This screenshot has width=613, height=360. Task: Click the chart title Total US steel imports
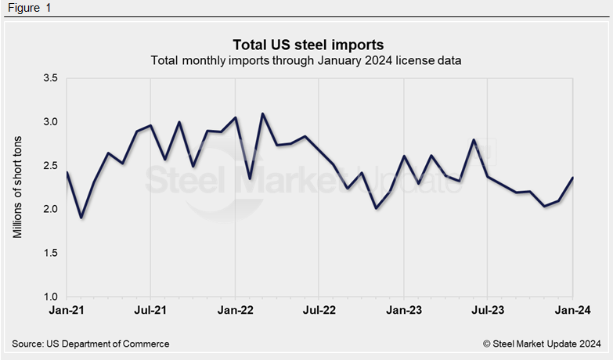click(308, 43)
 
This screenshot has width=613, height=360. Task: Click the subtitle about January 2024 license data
click(306, 60)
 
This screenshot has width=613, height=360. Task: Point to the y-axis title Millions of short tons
click(18, 186)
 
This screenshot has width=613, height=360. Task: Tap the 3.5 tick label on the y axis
click(50, 78)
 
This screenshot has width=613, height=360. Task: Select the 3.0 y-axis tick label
click(50, 122)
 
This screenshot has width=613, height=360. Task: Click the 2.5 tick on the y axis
click(50, 166)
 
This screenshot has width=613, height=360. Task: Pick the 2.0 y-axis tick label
click(50, 210)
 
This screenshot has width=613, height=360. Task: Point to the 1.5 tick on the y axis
click(50, 253)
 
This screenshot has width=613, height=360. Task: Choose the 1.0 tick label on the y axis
click(50, 297)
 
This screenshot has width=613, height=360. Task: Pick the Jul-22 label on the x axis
click(319, 311)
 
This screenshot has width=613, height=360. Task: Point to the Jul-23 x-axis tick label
click(488, 311)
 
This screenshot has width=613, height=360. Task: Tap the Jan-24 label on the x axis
click(572, 311)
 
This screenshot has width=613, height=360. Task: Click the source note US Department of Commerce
click(91, 344)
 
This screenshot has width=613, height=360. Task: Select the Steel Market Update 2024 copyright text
click(542, 344)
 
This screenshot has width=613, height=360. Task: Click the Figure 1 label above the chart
click(27, 8)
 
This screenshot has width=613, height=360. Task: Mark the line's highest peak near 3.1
click(262, 113)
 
